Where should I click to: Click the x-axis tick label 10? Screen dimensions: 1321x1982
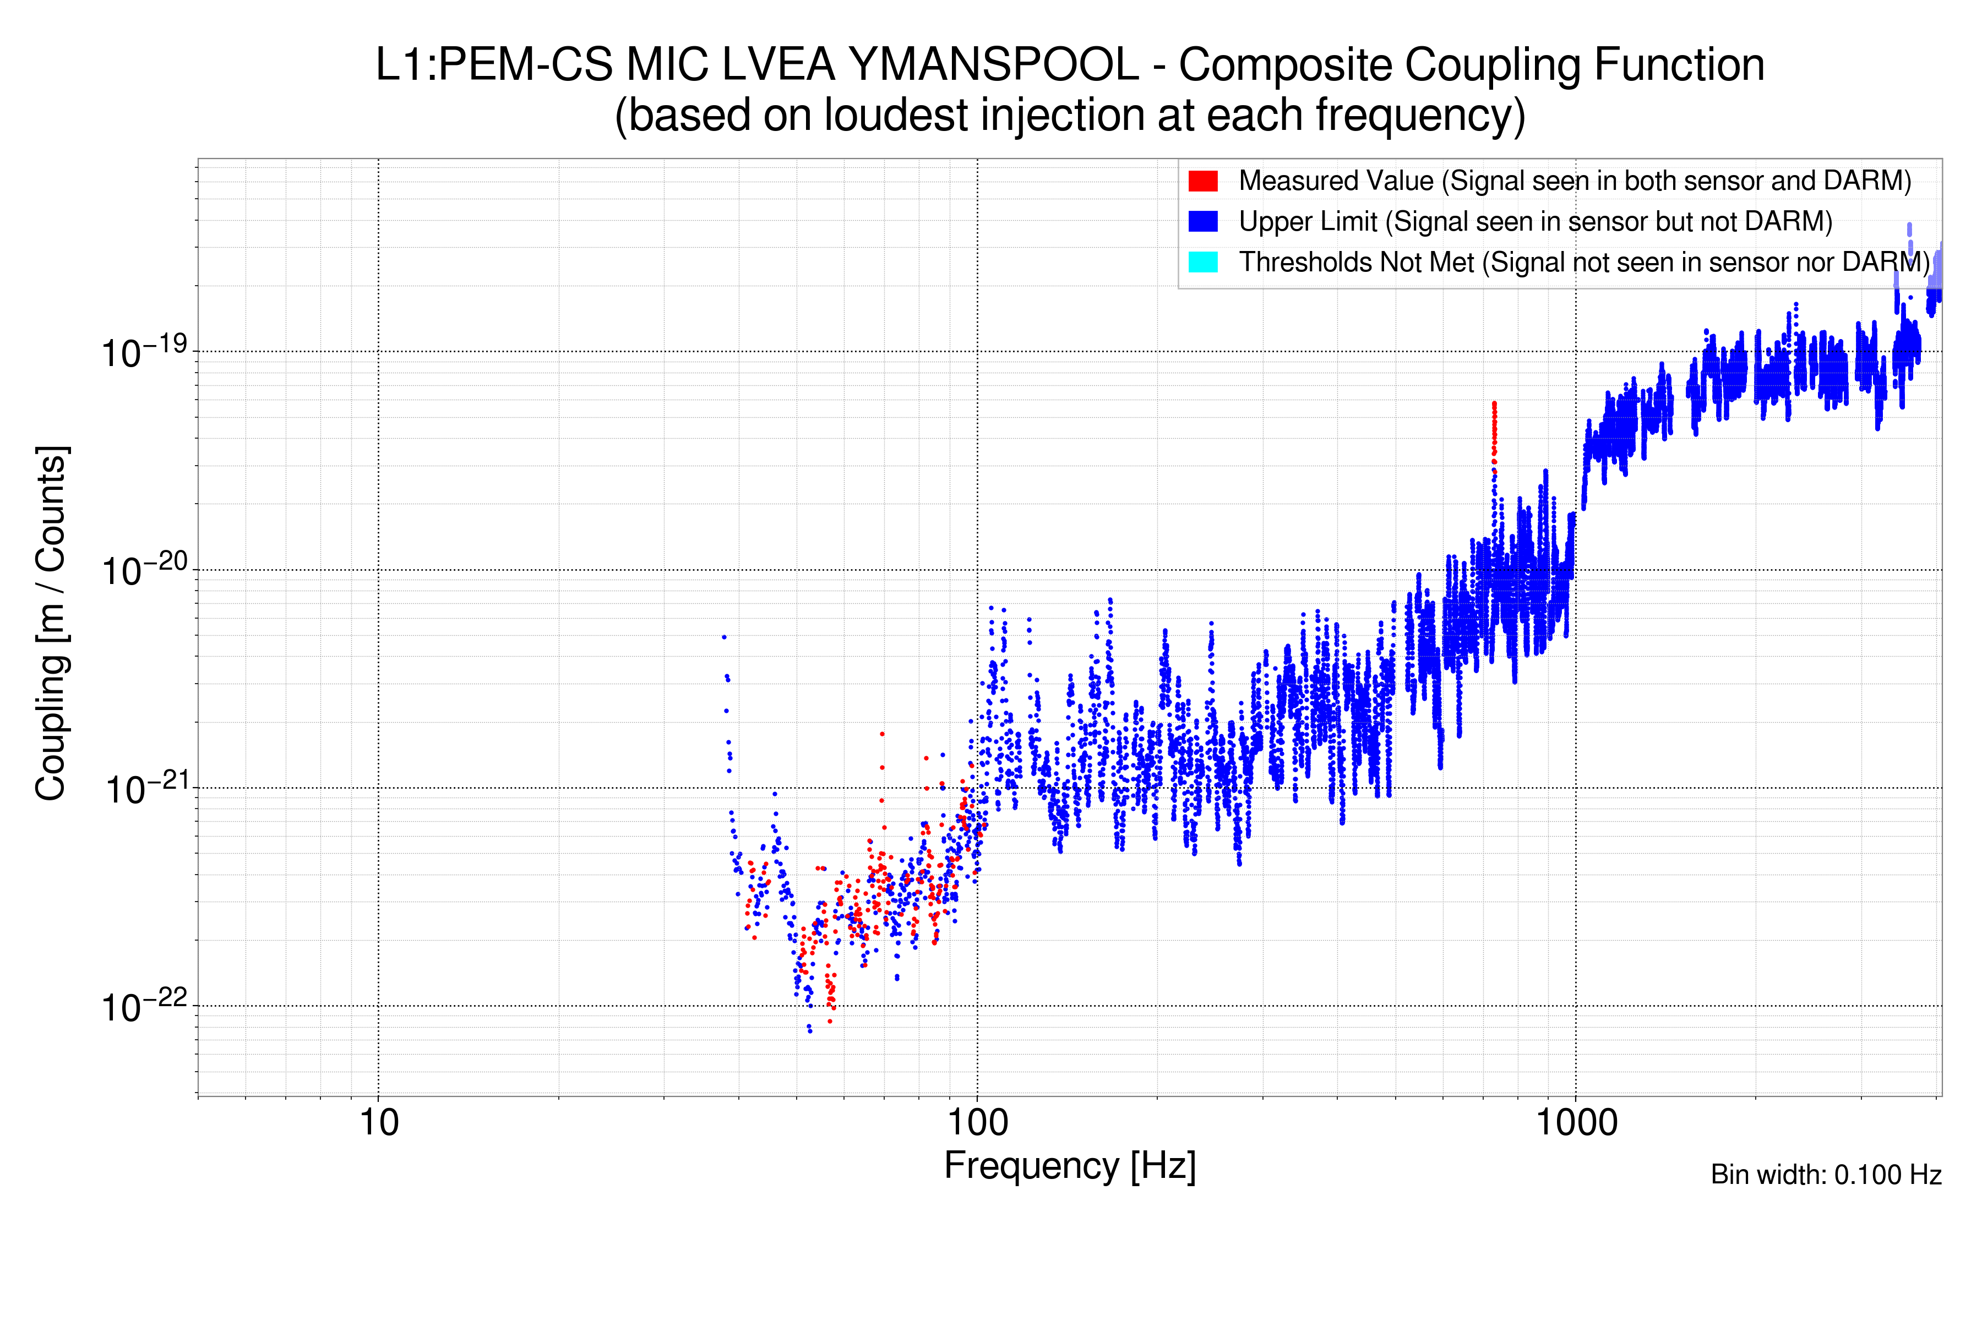coord(378,1123)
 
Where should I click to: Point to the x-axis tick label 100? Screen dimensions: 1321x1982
coord(977,1123)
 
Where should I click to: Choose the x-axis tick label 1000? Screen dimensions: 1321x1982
coord(1576,1123)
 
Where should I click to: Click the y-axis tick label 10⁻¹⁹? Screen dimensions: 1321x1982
coord(143,352)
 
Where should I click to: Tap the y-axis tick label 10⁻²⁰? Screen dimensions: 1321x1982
coord(143,570)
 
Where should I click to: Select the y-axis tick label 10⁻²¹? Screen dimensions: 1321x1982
coord(143,789)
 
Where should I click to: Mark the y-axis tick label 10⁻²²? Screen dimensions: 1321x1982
coord(143,1007)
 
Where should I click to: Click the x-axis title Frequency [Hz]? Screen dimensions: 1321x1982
coord(1069,1166)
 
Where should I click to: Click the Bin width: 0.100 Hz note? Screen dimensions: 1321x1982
coord(1825,1175)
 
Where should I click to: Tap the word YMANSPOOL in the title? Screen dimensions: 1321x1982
coord(994,65)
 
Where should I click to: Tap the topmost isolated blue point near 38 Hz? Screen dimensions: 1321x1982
coord(724,637)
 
